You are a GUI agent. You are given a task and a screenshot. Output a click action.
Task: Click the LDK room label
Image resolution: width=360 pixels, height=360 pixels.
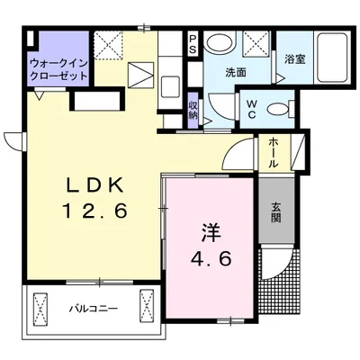[94, 184]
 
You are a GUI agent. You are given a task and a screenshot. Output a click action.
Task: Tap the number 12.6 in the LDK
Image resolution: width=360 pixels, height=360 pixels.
[94, 210]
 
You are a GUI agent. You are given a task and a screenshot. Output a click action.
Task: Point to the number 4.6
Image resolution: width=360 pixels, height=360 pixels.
[211, 258]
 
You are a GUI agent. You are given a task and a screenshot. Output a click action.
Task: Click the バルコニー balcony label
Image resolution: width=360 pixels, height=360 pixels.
[94, 309]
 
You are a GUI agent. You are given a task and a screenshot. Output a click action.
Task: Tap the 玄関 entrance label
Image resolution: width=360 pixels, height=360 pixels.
[276, 212]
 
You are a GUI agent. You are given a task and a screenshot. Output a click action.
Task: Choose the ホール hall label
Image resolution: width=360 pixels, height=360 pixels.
[273, 152]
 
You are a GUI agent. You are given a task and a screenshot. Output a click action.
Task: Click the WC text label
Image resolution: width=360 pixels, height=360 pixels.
[251, 109]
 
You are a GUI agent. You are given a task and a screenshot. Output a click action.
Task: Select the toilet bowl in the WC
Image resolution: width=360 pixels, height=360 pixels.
[281, 109]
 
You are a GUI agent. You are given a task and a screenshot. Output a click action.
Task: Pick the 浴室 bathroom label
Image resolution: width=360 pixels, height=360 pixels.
[295, 59]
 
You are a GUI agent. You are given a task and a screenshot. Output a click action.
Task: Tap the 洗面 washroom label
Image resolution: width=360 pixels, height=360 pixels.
[236, 73]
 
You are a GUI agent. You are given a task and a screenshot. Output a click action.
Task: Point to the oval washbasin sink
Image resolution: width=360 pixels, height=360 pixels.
[219, 42]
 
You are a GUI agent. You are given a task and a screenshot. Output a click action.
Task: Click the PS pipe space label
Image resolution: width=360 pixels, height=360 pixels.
[193, 44]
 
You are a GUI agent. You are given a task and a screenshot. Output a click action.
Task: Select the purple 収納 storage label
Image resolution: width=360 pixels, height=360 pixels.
[193, 110]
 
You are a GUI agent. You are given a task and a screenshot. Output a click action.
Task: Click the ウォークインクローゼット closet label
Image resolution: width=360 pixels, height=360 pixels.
[58, 69]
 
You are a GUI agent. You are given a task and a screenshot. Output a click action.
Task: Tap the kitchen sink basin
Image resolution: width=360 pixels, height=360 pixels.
[170, 86]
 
